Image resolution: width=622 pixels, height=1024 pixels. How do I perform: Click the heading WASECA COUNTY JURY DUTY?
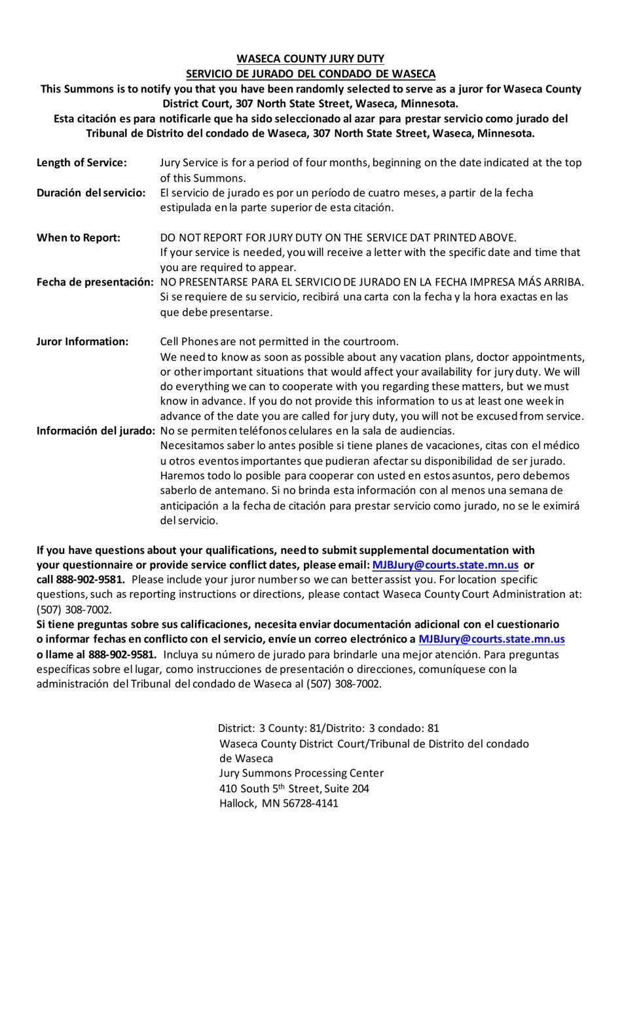[310, 59]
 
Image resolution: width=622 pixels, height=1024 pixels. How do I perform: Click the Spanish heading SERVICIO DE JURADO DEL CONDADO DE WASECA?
[310, 74]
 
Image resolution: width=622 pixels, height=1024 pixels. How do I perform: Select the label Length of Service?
[82, 162]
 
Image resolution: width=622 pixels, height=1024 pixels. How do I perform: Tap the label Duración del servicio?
[91, 192]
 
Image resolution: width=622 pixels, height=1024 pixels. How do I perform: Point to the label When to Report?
[79, 238]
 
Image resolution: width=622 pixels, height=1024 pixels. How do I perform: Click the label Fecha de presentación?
[95, 282]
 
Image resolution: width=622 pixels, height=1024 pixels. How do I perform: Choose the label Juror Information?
[82, 342]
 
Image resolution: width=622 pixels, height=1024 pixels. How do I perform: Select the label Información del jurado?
[96, 431]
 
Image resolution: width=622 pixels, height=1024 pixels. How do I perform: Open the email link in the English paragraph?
[445, 565]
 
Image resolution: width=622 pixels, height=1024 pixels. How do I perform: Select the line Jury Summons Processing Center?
[301, 773]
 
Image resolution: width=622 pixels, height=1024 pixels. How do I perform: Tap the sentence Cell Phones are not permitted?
[279, 342]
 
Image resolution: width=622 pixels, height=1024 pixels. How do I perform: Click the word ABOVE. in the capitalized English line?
[498, 238]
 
